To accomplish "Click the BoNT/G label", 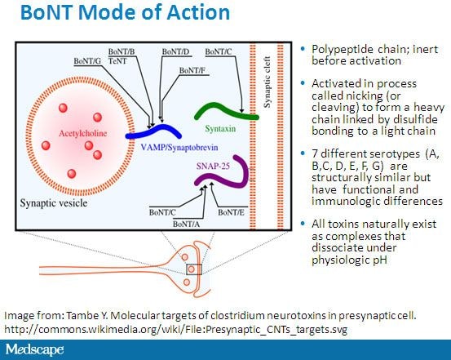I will (89, 60).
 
